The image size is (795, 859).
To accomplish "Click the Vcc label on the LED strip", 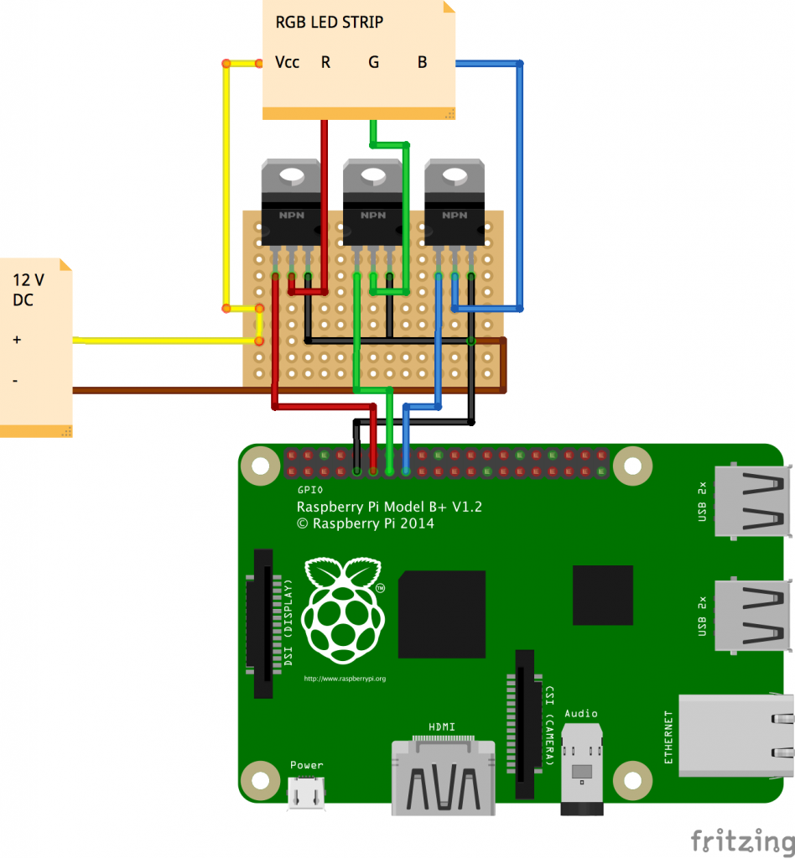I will pyautogui.click(x=287, y=62).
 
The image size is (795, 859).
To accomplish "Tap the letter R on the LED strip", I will pyautogui.click(x=325, y=62).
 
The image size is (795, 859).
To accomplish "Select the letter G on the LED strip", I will pyautogui.click(x=374, y=62).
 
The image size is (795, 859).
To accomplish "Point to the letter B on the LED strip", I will pyautogui.click(x=422, y=62).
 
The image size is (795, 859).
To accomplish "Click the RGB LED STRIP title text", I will pyautogui.click(x=330, y=22).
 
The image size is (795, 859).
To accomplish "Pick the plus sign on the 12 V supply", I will pyautogui.click(x=17, y=340).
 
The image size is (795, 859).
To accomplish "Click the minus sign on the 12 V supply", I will pyautogui.click(x=15, y=380).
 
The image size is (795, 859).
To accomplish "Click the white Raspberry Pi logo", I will pyautogui.click(x=342, y=608).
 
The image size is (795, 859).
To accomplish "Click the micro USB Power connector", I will pyautogui.click(x=306, y=793).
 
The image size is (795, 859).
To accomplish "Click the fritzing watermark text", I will pyautogui.click(x=741, y=840).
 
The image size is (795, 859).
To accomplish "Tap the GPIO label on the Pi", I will pyautogui.click(x=310, y=489).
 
